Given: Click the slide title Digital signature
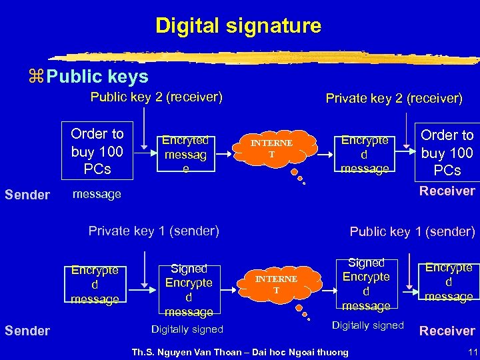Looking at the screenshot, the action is pos(238,26).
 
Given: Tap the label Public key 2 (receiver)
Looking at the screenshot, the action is pos(156,97).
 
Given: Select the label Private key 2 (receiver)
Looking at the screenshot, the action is pos(393,99).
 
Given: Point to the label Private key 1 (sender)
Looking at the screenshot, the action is pos(153,231).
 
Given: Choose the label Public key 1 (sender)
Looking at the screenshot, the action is pos(412,232).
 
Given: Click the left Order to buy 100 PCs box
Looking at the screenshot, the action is pos(97,151).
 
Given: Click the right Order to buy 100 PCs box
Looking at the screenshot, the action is pos(447,153).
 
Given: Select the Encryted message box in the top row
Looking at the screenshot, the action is pos(185,154).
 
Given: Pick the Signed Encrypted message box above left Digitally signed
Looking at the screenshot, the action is pos(189,290).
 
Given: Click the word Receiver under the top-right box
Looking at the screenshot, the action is pos(447,191).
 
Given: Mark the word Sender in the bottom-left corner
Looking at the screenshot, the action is pos(27,331).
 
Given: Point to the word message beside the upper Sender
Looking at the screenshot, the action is pos(97,195).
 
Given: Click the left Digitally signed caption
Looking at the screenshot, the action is pos(187,329).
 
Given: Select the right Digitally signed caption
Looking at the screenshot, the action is pos(368,325).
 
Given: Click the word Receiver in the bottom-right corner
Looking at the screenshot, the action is pos(447,331).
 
